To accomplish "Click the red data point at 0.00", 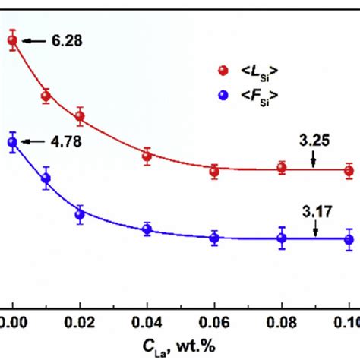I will [12, 41].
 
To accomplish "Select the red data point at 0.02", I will [80, 116].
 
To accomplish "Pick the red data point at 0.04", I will [147, 156].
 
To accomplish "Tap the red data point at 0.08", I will [282, 169].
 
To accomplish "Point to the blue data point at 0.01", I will [46, 178].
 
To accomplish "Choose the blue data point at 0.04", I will [147, 228].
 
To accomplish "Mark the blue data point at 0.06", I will [215, 238].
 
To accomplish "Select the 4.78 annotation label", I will [62, 141].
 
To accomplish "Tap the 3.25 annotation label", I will [312, 140].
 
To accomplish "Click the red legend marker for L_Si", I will [223, 71].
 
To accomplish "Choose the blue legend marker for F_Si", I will [223, 95].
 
